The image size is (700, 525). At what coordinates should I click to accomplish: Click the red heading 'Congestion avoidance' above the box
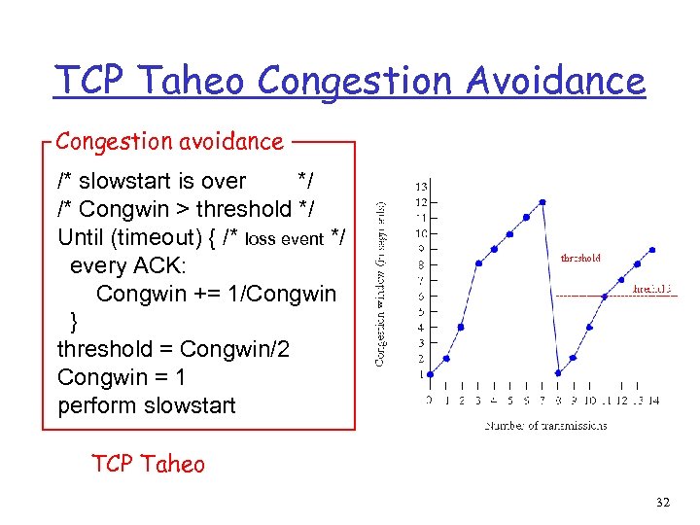(x=169, y=141)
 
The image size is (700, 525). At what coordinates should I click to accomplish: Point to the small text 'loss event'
(x=284, y=238)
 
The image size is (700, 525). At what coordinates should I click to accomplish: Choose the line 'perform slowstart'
(x=146, y=405)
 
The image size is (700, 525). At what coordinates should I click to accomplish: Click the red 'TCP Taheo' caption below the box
(x=148, y=464)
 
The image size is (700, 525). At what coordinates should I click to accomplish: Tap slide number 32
(x=663, y=503)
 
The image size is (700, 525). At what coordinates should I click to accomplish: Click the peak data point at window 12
(x=542, y=202)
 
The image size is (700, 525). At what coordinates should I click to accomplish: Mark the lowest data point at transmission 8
(x=558, y=373)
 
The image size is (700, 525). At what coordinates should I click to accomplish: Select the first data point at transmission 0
(x=430, y=373)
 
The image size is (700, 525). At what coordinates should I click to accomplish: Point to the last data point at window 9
(x=653, y=249)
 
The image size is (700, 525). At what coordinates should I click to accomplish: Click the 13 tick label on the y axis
(x=420, y=187)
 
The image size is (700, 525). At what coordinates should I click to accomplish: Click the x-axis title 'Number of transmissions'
(x=545, y=425)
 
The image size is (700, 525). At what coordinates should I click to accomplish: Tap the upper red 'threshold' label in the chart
(x=580, y=259)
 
